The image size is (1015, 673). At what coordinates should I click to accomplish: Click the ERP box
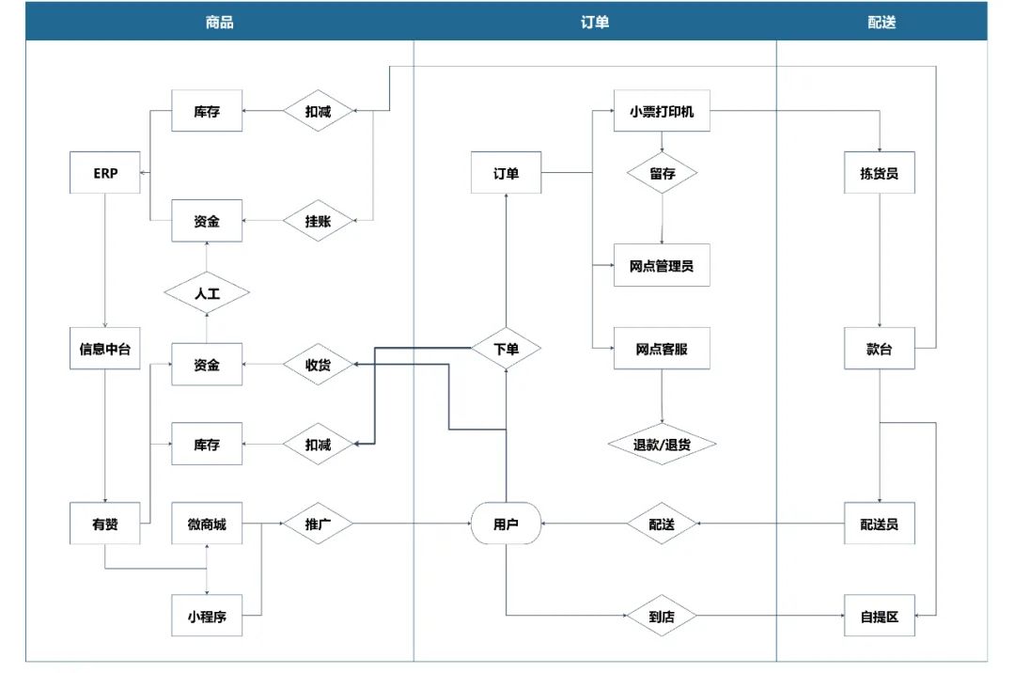click(105, 173)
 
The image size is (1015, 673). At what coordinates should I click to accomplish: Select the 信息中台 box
click(105, 350)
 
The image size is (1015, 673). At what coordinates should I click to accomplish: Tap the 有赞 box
click(105, 524)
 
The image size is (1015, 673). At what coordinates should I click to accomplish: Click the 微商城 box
click(206, 524)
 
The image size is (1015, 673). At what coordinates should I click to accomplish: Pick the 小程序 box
click(206, 617)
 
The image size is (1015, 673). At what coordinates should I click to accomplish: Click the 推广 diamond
click(318, 524)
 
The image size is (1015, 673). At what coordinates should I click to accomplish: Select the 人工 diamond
click(206, 292)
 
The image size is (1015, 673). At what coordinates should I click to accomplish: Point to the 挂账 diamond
click(318, 222)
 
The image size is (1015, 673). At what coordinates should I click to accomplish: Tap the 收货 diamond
click(318, 364)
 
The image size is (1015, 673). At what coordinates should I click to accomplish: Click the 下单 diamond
click(506, 350)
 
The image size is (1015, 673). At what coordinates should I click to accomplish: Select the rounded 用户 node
click(506, 524)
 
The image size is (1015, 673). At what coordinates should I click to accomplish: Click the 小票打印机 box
click(663, 113)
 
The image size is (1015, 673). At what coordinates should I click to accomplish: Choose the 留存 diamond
click(663, 173)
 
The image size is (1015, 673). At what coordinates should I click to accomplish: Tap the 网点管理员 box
click(663, 266)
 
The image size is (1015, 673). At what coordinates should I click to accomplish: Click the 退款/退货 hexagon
click(663, 445)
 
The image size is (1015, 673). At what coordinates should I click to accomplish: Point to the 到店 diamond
click(663, 617)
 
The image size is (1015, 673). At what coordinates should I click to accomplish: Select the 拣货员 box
click(879, 173)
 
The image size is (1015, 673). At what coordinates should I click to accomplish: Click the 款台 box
click(879, 350)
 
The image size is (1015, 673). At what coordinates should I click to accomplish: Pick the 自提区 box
click(879, 617)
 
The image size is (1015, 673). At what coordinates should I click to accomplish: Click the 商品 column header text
click(219, 22)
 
